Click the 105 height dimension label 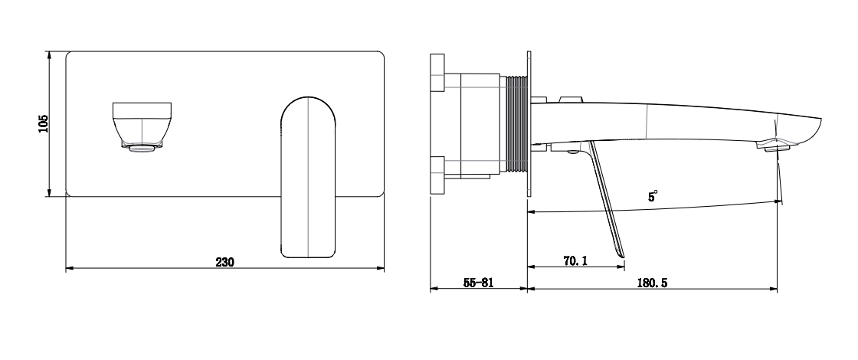(44, 123)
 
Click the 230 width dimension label (224, 262)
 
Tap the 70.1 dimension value (575, 261)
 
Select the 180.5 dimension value (652, 283)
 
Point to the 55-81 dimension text (478, 283)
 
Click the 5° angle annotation (652, 196)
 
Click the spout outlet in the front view (142, 126)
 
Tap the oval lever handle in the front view (308, 178)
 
